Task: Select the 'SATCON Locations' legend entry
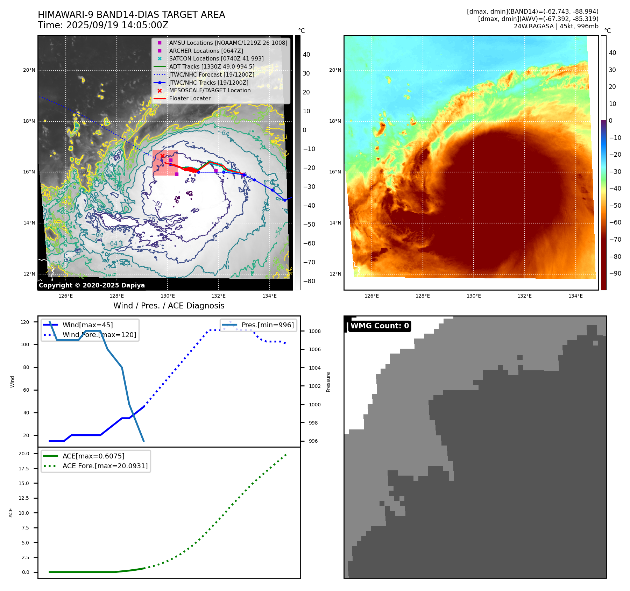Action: [216, 58]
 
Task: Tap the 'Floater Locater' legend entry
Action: [190, 98]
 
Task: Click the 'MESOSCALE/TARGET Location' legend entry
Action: [210, 90]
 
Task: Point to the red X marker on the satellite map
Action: [162, 156]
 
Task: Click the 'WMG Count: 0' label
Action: [380, 326]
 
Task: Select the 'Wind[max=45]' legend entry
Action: [87, 325]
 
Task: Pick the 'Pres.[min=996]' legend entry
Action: [268, 325]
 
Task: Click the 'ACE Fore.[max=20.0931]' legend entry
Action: [105, 466]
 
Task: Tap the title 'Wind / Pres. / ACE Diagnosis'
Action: [169, 306]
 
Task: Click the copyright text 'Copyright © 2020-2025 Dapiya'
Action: [92, 285]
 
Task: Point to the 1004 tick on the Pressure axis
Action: [314, 368]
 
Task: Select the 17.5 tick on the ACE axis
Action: [24, 469]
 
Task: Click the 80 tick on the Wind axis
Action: [26, 367]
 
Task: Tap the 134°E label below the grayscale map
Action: [269, 296]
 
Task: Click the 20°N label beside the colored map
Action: [335, 70]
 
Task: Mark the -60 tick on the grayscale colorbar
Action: [309, 243]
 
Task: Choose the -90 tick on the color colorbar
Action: [615, 273]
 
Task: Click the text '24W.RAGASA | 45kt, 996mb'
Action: [556, 26]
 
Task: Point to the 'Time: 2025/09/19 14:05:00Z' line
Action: [103, 25]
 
